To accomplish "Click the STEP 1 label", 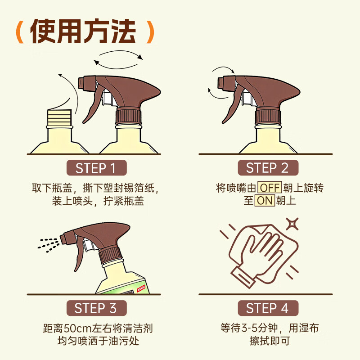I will coord(96,168).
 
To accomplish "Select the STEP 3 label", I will coord(96,308).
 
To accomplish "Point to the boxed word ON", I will coord(265,201).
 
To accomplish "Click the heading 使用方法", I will coord(83,31).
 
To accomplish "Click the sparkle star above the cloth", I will coord(292,224).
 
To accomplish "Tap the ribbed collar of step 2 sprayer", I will coord(269,116).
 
